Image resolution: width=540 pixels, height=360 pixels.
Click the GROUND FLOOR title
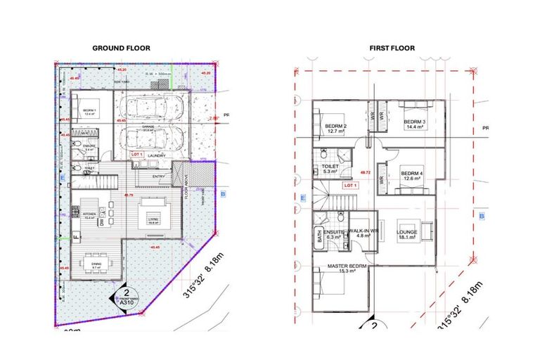tap(122, 48)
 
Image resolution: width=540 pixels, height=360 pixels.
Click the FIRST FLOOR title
tap(392, 49)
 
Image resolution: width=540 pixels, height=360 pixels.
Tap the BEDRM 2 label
tap(334, 128)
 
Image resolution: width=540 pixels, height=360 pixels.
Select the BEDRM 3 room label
tap(415, 124)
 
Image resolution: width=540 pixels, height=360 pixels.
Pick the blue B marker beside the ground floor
tap(224, 193)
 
